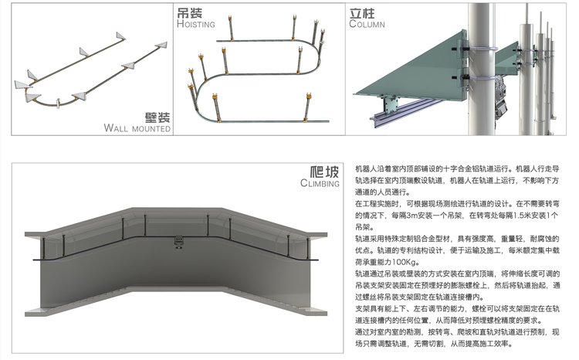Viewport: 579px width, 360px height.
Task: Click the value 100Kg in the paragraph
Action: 430,260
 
